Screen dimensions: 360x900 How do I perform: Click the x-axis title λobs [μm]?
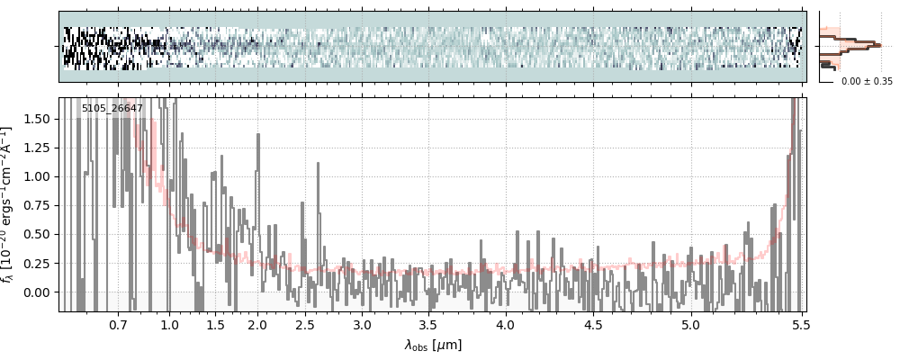click(x=432, y=345)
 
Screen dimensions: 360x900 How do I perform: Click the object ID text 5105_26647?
click(x=112, y=109)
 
